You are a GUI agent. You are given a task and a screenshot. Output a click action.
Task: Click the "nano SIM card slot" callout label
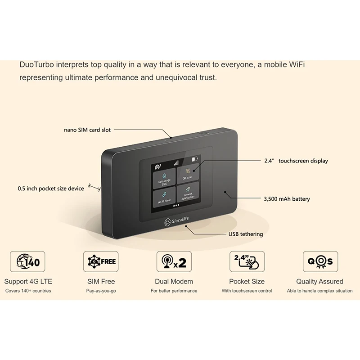point(87,130)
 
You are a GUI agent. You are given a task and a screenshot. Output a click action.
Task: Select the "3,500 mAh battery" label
point(287,198)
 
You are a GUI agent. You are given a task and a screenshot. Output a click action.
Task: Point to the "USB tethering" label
point(246,234)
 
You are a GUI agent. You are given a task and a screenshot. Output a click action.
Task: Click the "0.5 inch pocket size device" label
point(51,189)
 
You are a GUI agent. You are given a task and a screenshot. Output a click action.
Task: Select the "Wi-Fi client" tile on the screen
point(164,198)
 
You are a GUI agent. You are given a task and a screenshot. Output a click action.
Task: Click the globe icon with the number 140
point(27,261)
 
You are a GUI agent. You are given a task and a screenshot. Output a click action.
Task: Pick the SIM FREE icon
point(101,261)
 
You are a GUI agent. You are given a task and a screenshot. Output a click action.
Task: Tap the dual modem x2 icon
point(174,261)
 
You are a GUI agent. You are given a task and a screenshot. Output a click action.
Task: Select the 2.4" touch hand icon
point(247,261)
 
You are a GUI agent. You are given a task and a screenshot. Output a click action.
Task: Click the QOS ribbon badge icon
point(320,261)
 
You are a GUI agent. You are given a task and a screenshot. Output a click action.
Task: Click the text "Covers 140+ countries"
point(28,291)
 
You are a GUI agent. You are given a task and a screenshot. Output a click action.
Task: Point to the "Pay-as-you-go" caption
point(101,291)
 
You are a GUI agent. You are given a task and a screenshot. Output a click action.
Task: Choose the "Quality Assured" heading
point(320,281)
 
